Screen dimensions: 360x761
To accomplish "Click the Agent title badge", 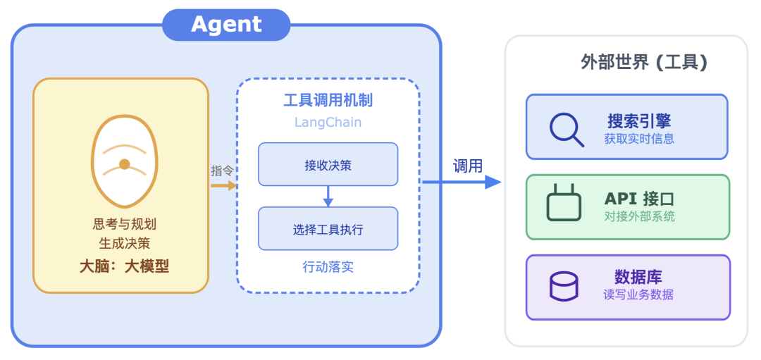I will [226, 25].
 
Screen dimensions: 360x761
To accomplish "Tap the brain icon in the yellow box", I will [123, 161].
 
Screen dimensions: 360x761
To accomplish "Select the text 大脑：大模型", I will [124, 266].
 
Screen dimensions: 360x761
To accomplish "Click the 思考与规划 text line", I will [124, 224].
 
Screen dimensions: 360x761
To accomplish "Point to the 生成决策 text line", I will [124, 243].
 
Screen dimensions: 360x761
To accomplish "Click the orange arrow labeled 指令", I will [223, 185].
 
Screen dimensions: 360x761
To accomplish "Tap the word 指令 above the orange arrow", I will [222, 170].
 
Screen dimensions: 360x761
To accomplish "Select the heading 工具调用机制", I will [328, 100].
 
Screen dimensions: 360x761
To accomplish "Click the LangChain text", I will [328, 122].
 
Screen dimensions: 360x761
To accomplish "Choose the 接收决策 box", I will [328, 165].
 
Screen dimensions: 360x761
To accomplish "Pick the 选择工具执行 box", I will [328, 229].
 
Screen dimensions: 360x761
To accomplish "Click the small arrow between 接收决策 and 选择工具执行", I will [328, 197].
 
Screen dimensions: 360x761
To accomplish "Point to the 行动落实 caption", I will [328, 267].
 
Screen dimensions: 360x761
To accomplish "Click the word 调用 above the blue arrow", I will [468, 166].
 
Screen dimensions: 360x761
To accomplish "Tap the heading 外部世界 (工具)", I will [643, 62].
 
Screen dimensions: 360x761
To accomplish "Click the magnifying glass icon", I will [566, 129].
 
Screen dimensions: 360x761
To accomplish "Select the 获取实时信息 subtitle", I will [639, 139].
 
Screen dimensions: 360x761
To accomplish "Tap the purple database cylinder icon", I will [564, 286].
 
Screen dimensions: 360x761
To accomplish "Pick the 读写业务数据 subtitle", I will [638, 294].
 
